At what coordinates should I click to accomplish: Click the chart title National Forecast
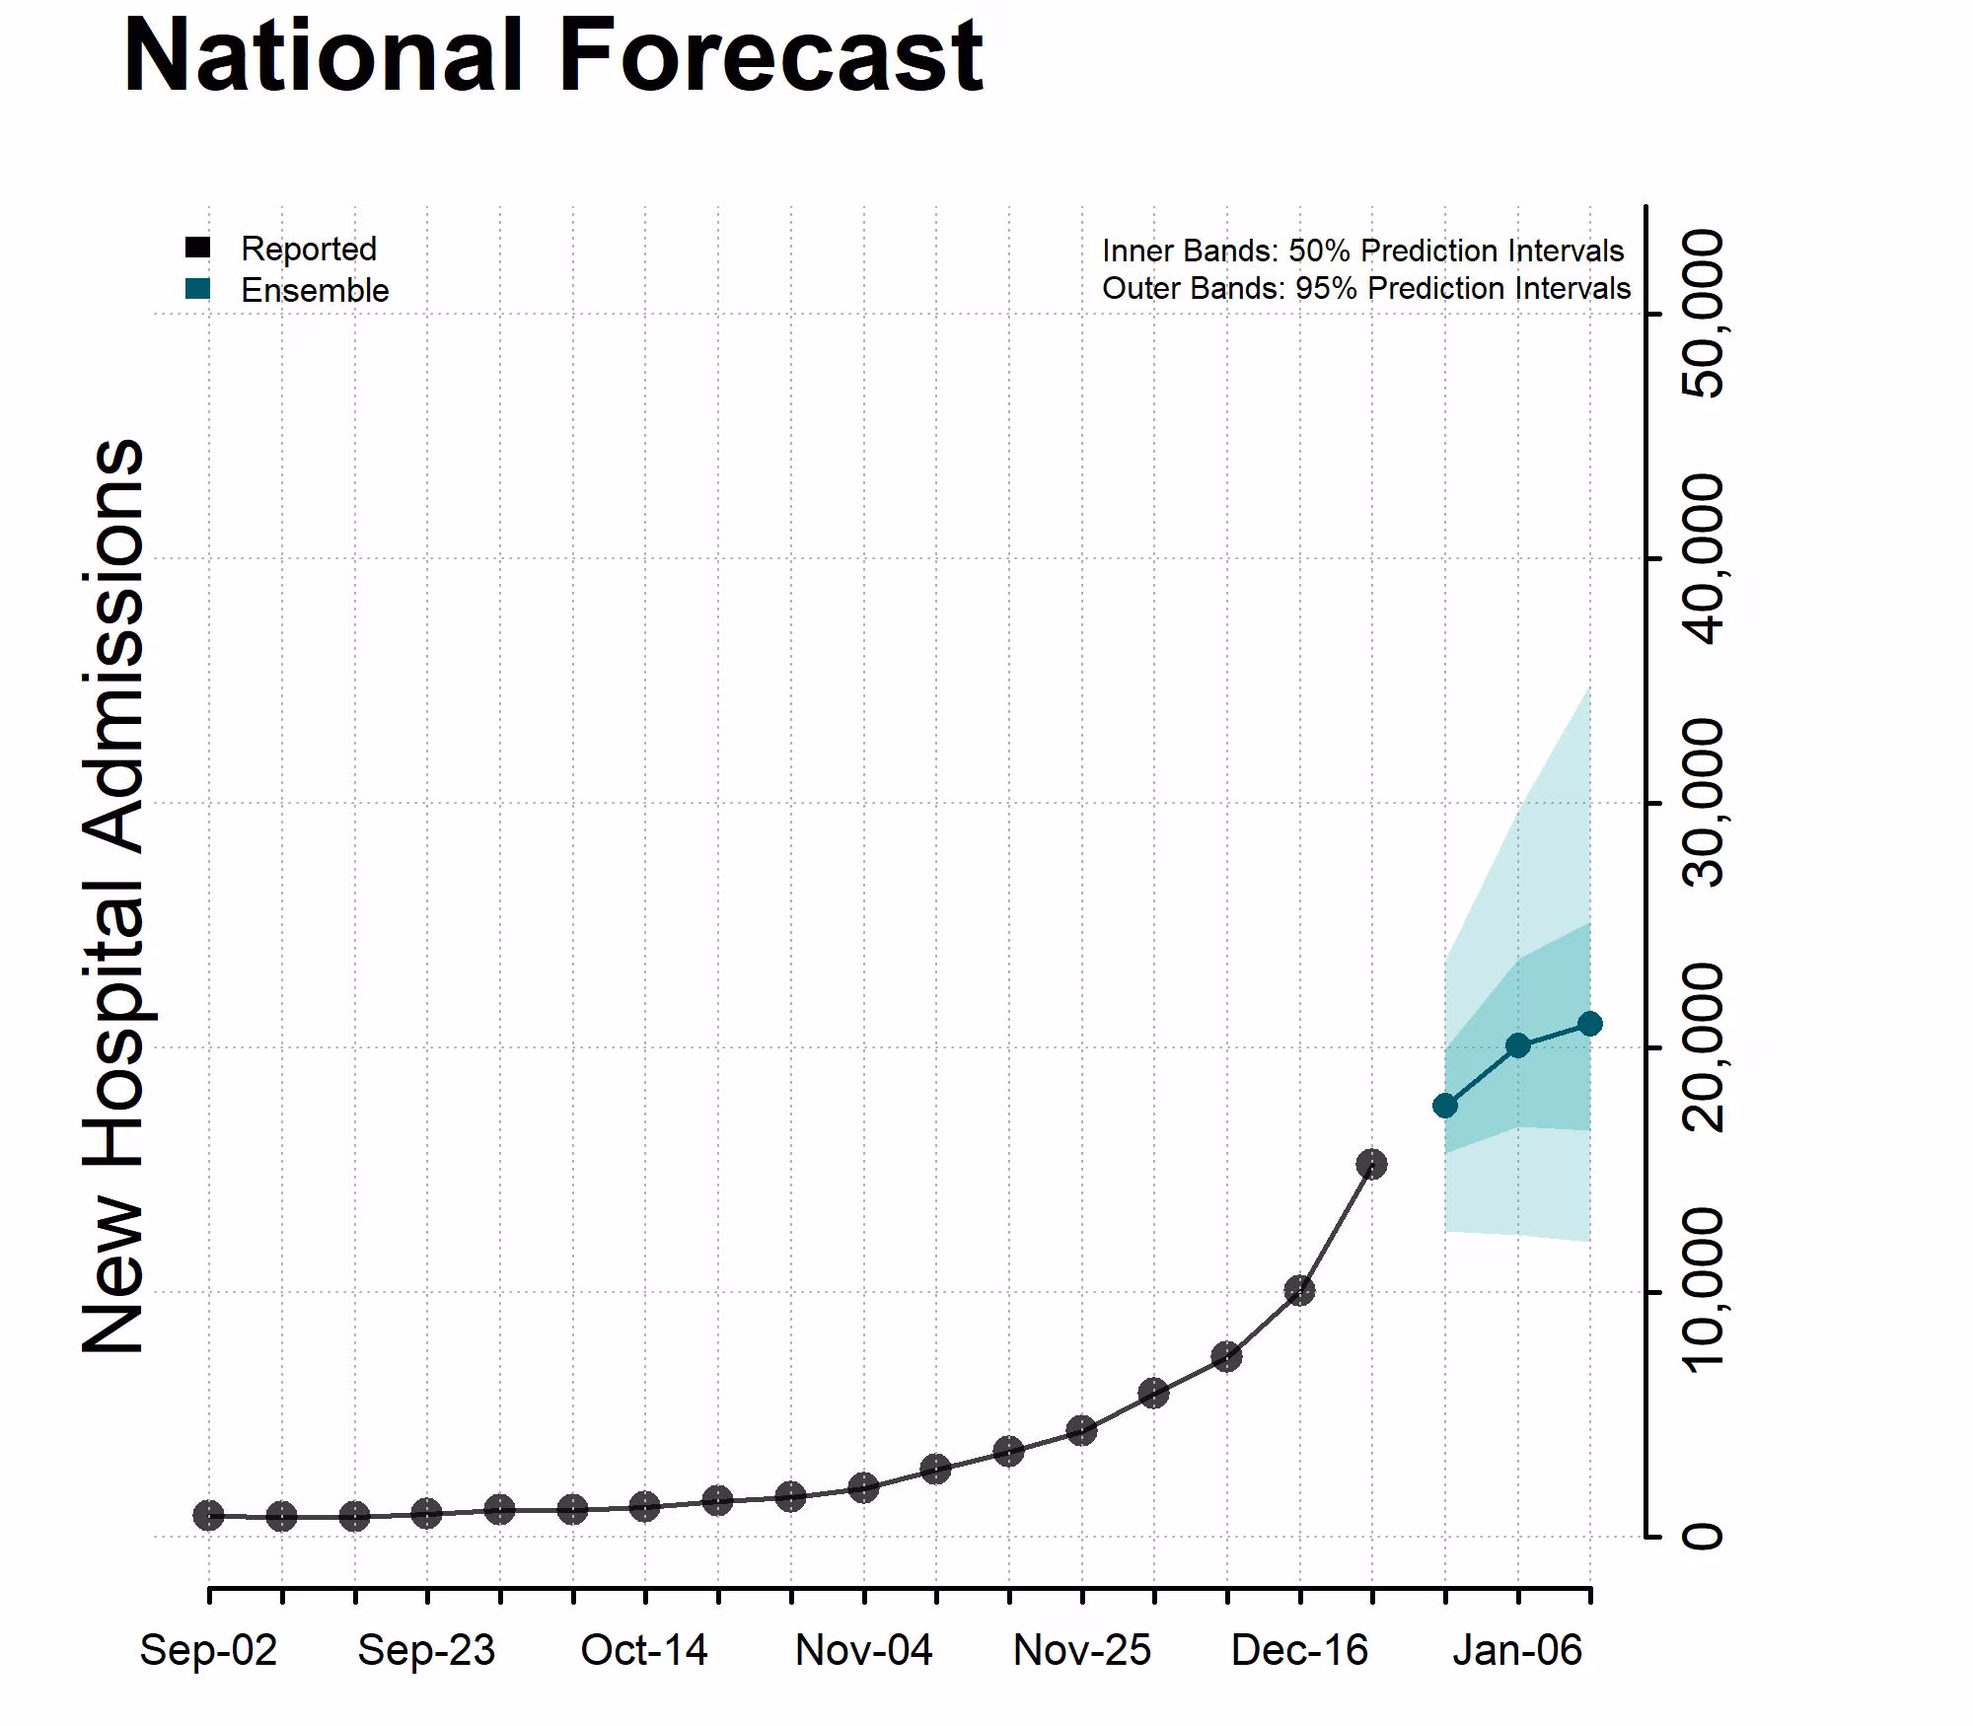(552, 57)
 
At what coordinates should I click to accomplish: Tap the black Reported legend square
(197, 248)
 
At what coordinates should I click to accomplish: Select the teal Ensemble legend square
(197, 289)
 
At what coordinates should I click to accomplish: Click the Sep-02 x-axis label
(208, 1650)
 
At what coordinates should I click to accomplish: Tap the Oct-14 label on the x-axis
(644, 1650)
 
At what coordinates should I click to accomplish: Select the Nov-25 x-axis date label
(1081, 1650)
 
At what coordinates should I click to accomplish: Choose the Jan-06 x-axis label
(1517, 1650)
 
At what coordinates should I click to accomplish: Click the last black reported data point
(1371, 1165)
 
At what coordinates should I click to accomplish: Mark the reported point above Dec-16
(1299, 1290)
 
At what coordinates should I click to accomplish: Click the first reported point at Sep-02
(208, 1515)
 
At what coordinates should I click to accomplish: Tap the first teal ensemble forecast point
(1445, 1105)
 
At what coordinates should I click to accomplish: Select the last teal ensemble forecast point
(1589, 1024)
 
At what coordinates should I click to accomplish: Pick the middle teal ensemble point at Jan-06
(1518, 1045)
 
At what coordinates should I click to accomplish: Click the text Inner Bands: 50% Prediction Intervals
(1362, 251)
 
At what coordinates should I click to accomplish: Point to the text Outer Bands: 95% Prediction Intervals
(1366, 288)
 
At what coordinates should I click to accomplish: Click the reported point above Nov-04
(863, 1487)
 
